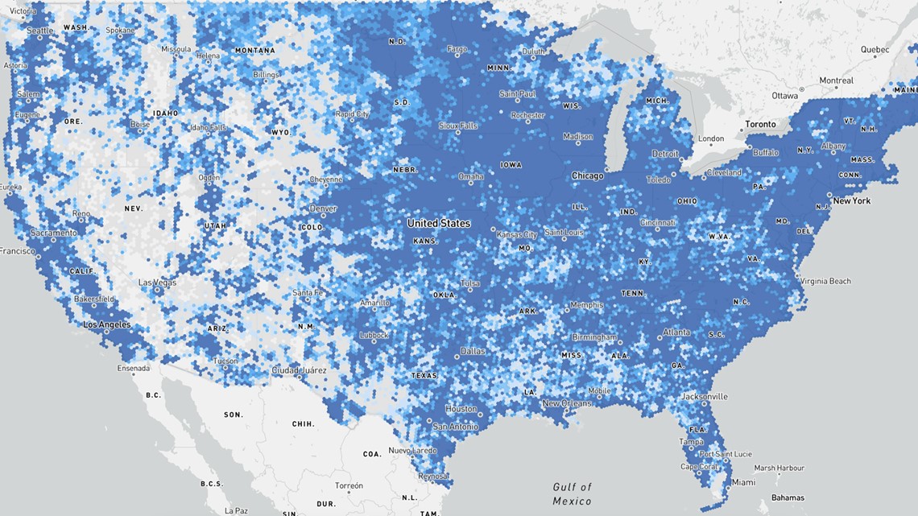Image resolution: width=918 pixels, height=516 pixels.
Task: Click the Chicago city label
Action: click(587, 175)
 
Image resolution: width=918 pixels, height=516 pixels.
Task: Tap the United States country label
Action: click(439, 223)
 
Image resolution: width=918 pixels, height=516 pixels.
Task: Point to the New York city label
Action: click(852, 200)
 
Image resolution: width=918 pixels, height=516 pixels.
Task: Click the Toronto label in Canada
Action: click(760, 124)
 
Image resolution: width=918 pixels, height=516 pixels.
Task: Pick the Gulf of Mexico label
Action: click(572, 493)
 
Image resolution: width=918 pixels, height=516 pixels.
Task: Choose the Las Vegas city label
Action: click(157, 283)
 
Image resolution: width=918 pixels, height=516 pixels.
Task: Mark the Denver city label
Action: click(324, 208)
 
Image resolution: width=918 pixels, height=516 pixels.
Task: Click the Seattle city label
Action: click(40, 31)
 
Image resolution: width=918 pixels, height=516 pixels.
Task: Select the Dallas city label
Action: click(473, 351)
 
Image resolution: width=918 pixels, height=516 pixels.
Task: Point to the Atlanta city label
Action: click(676, 332)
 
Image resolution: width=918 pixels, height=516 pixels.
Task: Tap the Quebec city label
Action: click(875, 49)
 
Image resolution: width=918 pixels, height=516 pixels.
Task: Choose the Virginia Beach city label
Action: click(825, 281)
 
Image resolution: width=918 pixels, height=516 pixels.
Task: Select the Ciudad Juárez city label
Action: click(299, 370)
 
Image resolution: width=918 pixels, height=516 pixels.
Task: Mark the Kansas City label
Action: click(517, 234)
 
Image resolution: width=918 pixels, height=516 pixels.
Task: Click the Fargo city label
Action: click(457, 49)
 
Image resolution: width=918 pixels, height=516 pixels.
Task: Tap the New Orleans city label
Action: click(567, 402)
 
